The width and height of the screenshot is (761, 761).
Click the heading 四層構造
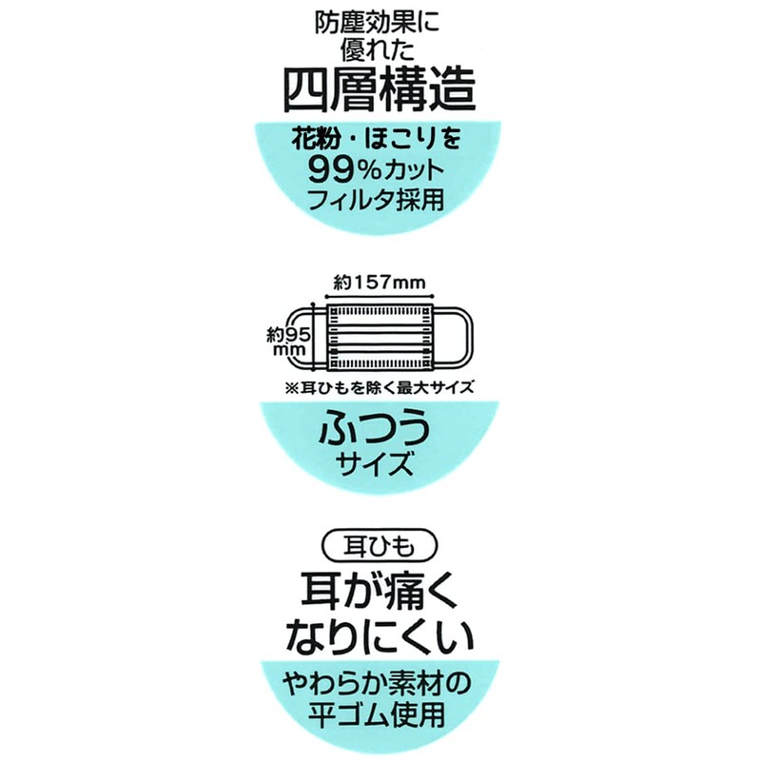[380, 91]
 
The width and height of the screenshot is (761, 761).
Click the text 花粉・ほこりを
[380, 142]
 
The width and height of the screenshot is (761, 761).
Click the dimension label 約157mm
[380, 283]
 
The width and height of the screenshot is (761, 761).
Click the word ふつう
[380, 427]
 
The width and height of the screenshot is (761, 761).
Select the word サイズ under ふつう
[380, 465]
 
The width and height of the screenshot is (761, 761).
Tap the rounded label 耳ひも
[380, 546]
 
